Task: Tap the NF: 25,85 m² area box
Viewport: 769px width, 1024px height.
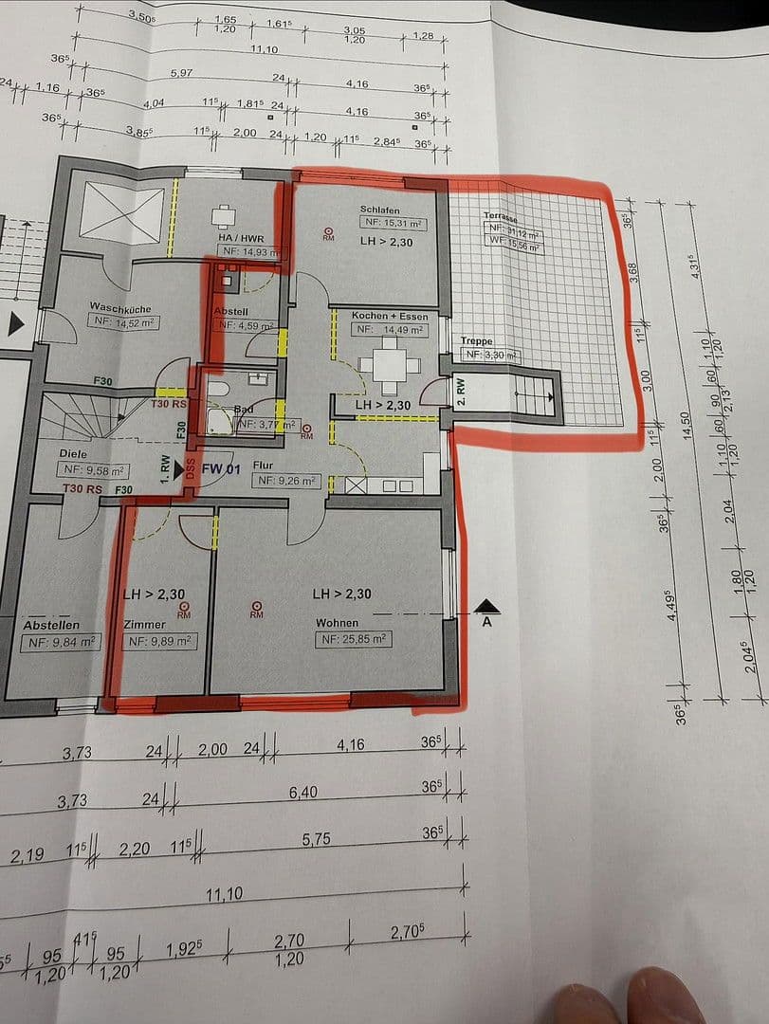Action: [x=354, y=640]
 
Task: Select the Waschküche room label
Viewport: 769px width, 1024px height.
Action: [x=120, y=307]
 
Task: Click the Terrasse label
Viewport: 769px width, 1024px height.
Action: [x=501, y=216]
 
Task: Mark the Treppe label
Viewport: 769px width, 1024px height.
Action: [x=477, y=341]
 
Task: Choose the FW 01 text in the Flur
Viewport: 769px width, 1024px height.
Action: [x=223, y=468]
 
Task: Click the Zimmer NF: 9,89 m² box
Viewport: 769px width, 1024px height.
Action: [x=158, y=642]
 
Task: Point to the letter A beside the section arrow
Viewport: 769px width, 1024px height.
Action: [x=486, y=623]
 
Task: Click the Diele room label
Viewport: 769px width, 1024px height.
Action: [x=72, y=453]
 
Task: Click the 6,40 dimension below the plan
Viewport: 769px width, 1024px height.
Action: [x=303, y=792]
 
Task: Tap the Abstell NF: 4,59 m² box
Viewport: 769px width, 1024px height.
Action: [x=245, y=325]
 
